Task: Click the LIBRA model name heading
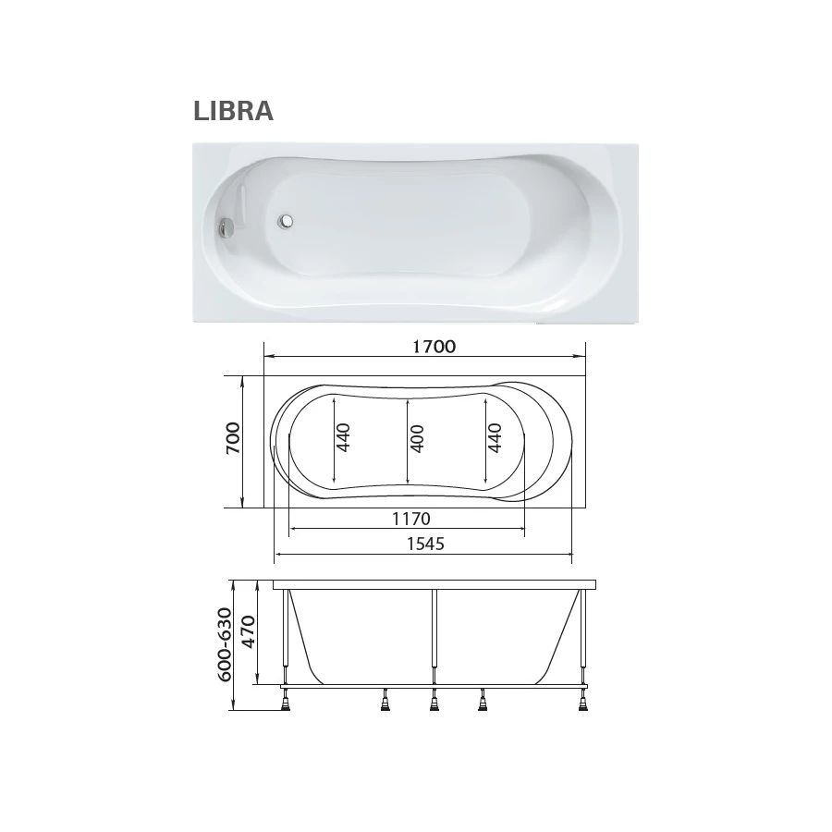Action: [233, 111]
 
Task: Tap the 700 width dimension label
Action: [232, 437]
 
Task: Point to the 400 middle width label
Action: [417, 437]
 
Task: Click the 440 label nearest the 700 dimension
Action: [344, 437]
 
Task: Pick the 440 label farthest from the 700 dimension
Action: [494, 437]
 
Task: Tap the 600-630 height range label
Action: [223, 644]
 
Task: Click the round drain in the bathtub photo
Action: [288, 222]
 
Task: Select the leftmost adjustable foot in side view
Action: [287, 705]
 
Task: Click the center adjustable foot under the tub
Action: [433, 705]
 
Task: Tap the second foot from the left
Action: [384, 705]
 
